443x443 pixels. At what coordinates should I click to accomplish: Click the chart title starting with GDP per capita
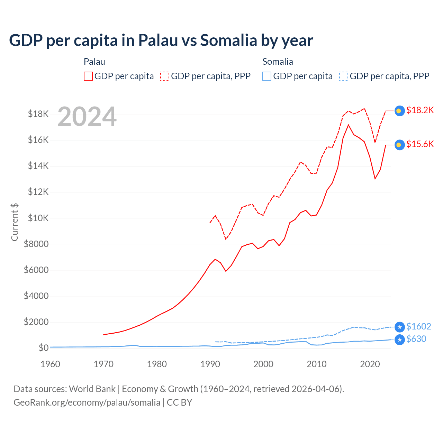click(x=161, y=40)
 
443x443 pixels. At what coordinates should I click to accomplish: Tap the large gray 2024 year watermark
click(x=87, y=117)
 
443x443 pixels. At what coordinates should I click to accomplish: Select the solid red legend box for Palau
click(x=88, y=76)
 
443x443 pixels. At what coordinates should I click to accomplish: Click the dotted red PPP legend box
click(x=165, y=76)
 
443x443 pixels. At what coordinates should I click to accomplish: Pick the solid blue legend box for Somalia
click(x=267, y=76)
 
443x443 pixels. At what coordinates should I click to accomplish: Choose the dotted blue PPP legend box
click(x=344, y=76)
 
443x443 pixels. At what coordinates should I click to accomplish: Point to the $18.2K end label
click(x=420, y=110)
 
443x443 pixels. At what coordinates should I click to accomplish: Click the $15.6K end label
click(x=420, y=144)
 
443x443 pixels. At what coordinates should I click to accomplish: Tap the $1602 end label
click(x=418, y=326)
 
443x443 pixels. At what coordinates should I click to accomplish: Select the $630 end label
click(x=416, y=339)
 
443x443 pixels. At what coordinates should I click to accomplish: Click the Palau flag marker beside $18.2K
click(x=399, y=111)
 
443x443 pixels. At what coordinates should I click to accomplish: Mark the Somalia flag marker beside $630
click(x=399, y=340)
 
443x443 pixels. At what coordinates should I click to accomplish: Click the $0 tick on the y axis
click(x=44, y=348)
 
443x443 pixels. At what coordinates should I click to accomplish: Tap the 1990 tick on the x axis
click(x=210, y=364)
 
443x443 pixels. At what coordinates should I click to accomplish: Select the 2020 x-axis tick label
click(x=370, y=364)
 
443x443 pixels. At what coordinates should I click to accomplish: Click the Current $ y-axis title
click(x=15, y=222)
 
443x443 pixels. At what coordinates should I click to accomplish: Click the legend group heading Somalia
click(x=278, y=62)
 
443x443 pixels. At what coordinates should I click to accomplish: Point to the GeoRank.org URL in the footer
click(x=87, y=403)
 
